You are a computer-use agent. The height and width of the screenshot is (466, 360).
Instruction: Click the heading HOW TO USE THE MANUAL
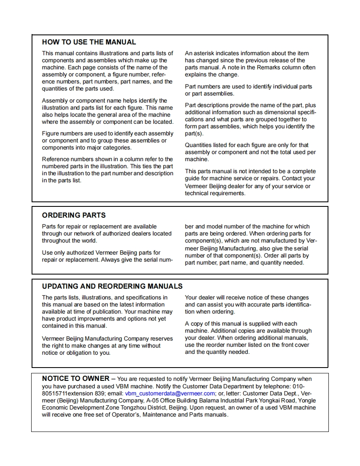click(89, 42)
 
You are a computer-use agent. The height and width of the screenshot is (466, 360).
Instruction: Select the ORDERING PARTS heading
click(74, 215)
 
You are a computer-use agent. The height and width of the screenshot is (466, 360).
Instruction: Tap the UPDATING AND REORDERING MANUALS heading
click(112, 286)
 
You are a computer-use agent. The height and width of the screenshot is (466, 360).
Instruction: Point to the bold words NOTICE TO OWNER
click(76, 378)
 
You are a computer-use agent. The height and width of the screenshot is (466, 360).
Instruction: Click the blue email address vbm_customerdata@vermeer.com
click(170, 393)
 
